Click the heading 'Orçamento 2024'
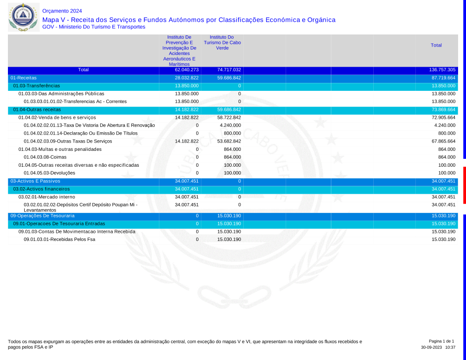click(x=62, y=11)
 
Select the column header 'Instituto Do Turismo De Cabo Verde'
click(x=222, y=42)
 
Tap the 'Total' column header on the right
click(x=436, y=45)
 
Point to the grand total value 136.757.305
click(x=442, y=70)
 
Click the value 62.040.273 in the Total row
click(x=186, y=70)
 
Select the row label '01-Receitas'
click(x=23, y=78)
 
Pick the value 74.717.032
click(x=229, y=70)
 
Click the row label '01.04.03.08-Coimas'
click(x=45, y=157)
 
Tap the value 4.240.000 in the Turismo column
click(x=230, y=125)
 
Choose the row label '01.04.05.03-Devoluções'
click(x=49, y=173)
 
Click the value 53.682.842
click(x=229, y=141)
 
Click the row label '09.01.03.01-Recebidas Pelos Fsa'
click(x=59, y=239)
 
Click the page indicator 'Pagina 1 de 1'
click(x=441, y=341)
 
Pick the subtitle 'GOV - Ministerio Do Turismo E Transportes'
click(x=94, y=27)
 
